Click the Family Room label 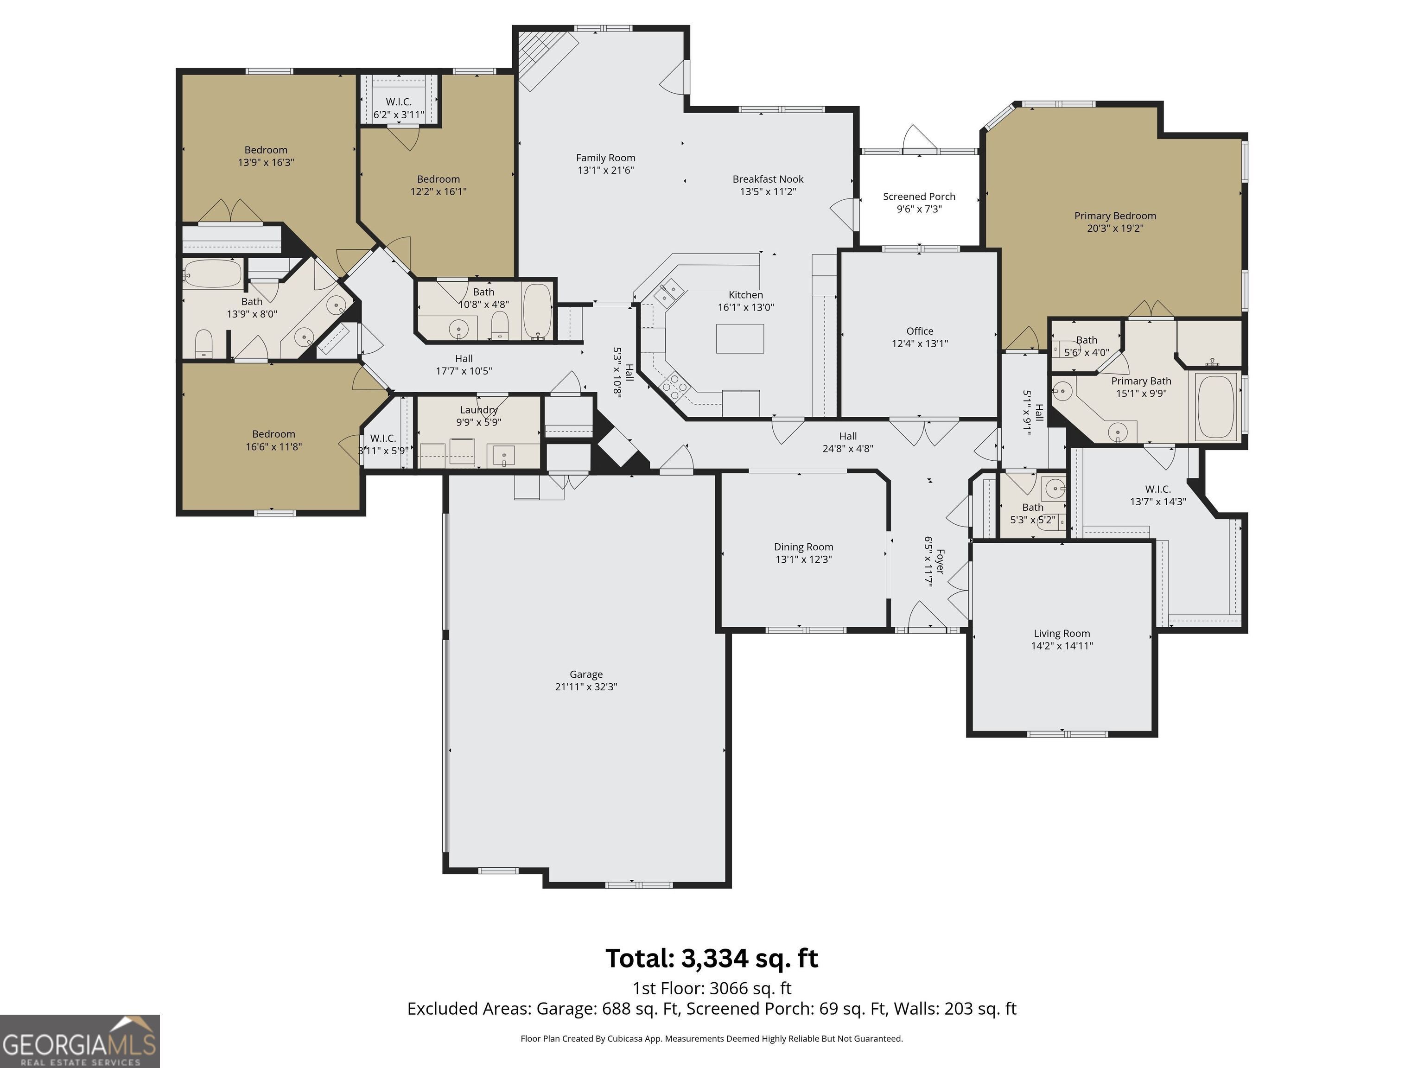[x=605, y=158]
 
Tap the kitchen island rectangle [x=740, y=339]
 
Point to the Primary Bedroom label [x=1115, y=216]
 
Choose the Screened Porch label [x=919, y=197]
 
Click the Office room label [x=919, y=331]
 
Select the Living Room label [x=1062, y=634]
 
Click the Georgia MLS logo [x=80, y=1041]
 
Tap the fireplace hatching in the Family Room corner [x=547, y=59]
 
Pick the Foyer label [x=940, y=561]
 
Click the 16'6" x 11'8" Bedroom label [x=273, y=434]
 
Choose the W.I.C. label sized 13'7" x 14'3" [x=1157, y=489]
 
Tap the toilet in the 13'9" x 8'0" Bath [x=203, y=344]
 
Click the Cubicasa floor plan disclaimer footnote [x=712, y=1038]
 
